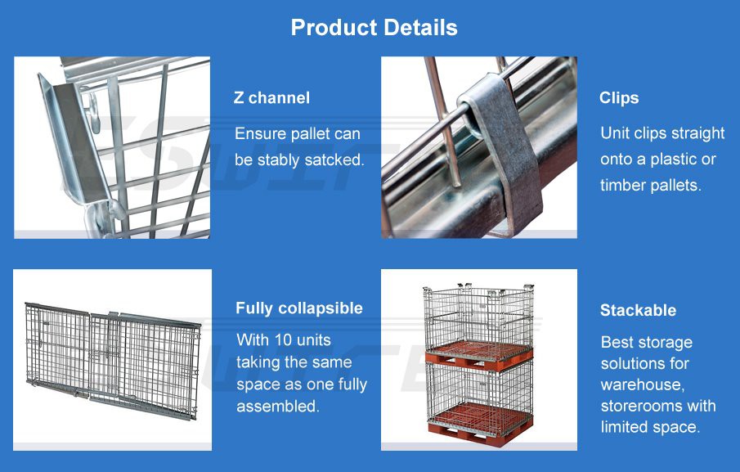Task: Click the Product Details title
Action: pos(374,28)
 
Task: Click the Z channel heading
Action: pos(271,98)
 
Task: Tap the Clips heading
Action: pos(618,98)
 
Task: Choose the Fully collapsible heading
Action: pos(298,308)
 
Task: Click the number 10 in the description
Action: pos(282,339)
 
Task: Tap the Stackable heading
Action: pos(638,310)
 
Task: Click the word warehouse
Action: pos(645,384)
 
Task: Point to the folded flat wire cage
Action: pos(112,360)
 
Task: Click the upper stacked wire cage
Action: pos(478,319)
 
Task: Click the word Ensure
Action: pos(261,133)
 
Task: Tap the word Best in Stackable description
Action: pos(617,342)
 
